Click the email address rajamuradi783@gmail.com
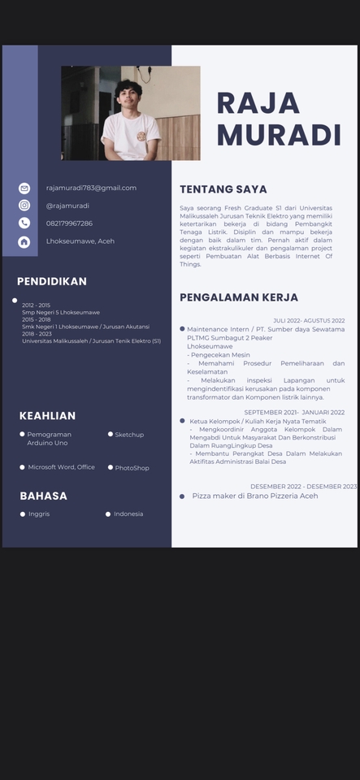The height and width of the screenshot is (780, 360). pos(91,188)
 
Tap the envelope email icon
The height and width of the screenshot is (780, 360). pos(24,188)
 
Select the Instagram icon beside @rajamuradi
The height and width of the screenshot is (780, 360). pos(24,206)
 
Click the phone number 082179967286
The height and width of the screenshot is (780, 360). pos(69,223)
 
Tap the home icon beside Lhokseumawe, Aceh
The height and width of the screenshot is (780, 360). pos(24,241)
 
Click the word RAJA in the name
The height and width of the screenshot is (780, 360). pos(258,103)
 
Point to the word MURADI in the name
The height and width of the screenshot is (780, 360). pos(279,135)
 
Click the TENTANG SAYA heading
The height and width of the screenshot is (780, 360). pos(223,189)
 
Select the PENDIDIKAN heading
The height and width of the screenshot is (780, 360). pos(52,282)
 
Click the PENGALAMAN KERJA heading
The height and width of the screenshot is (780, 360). pos(239,297)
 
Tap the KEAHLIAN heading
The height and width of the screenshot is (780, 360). pos(47,416)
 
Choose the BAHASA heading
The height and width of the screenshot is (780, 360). pos(43,496)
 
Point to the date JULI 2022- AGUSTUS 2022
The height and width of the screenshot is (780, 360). pos(309,321)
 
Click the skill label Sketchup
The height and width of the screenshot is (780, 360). pos(129,435)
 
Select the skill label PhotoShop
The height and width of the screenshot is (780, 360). pos(132,468)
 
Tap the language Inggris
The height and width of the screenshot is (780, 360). pos(39,514)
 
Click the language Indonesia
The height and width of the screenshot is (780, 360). pos(128,514)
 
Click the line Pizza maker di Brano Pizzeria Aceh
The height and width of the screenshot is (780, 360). pos(254,496)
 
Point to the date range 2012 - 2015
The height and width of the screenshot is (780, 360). pos(36,305)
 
